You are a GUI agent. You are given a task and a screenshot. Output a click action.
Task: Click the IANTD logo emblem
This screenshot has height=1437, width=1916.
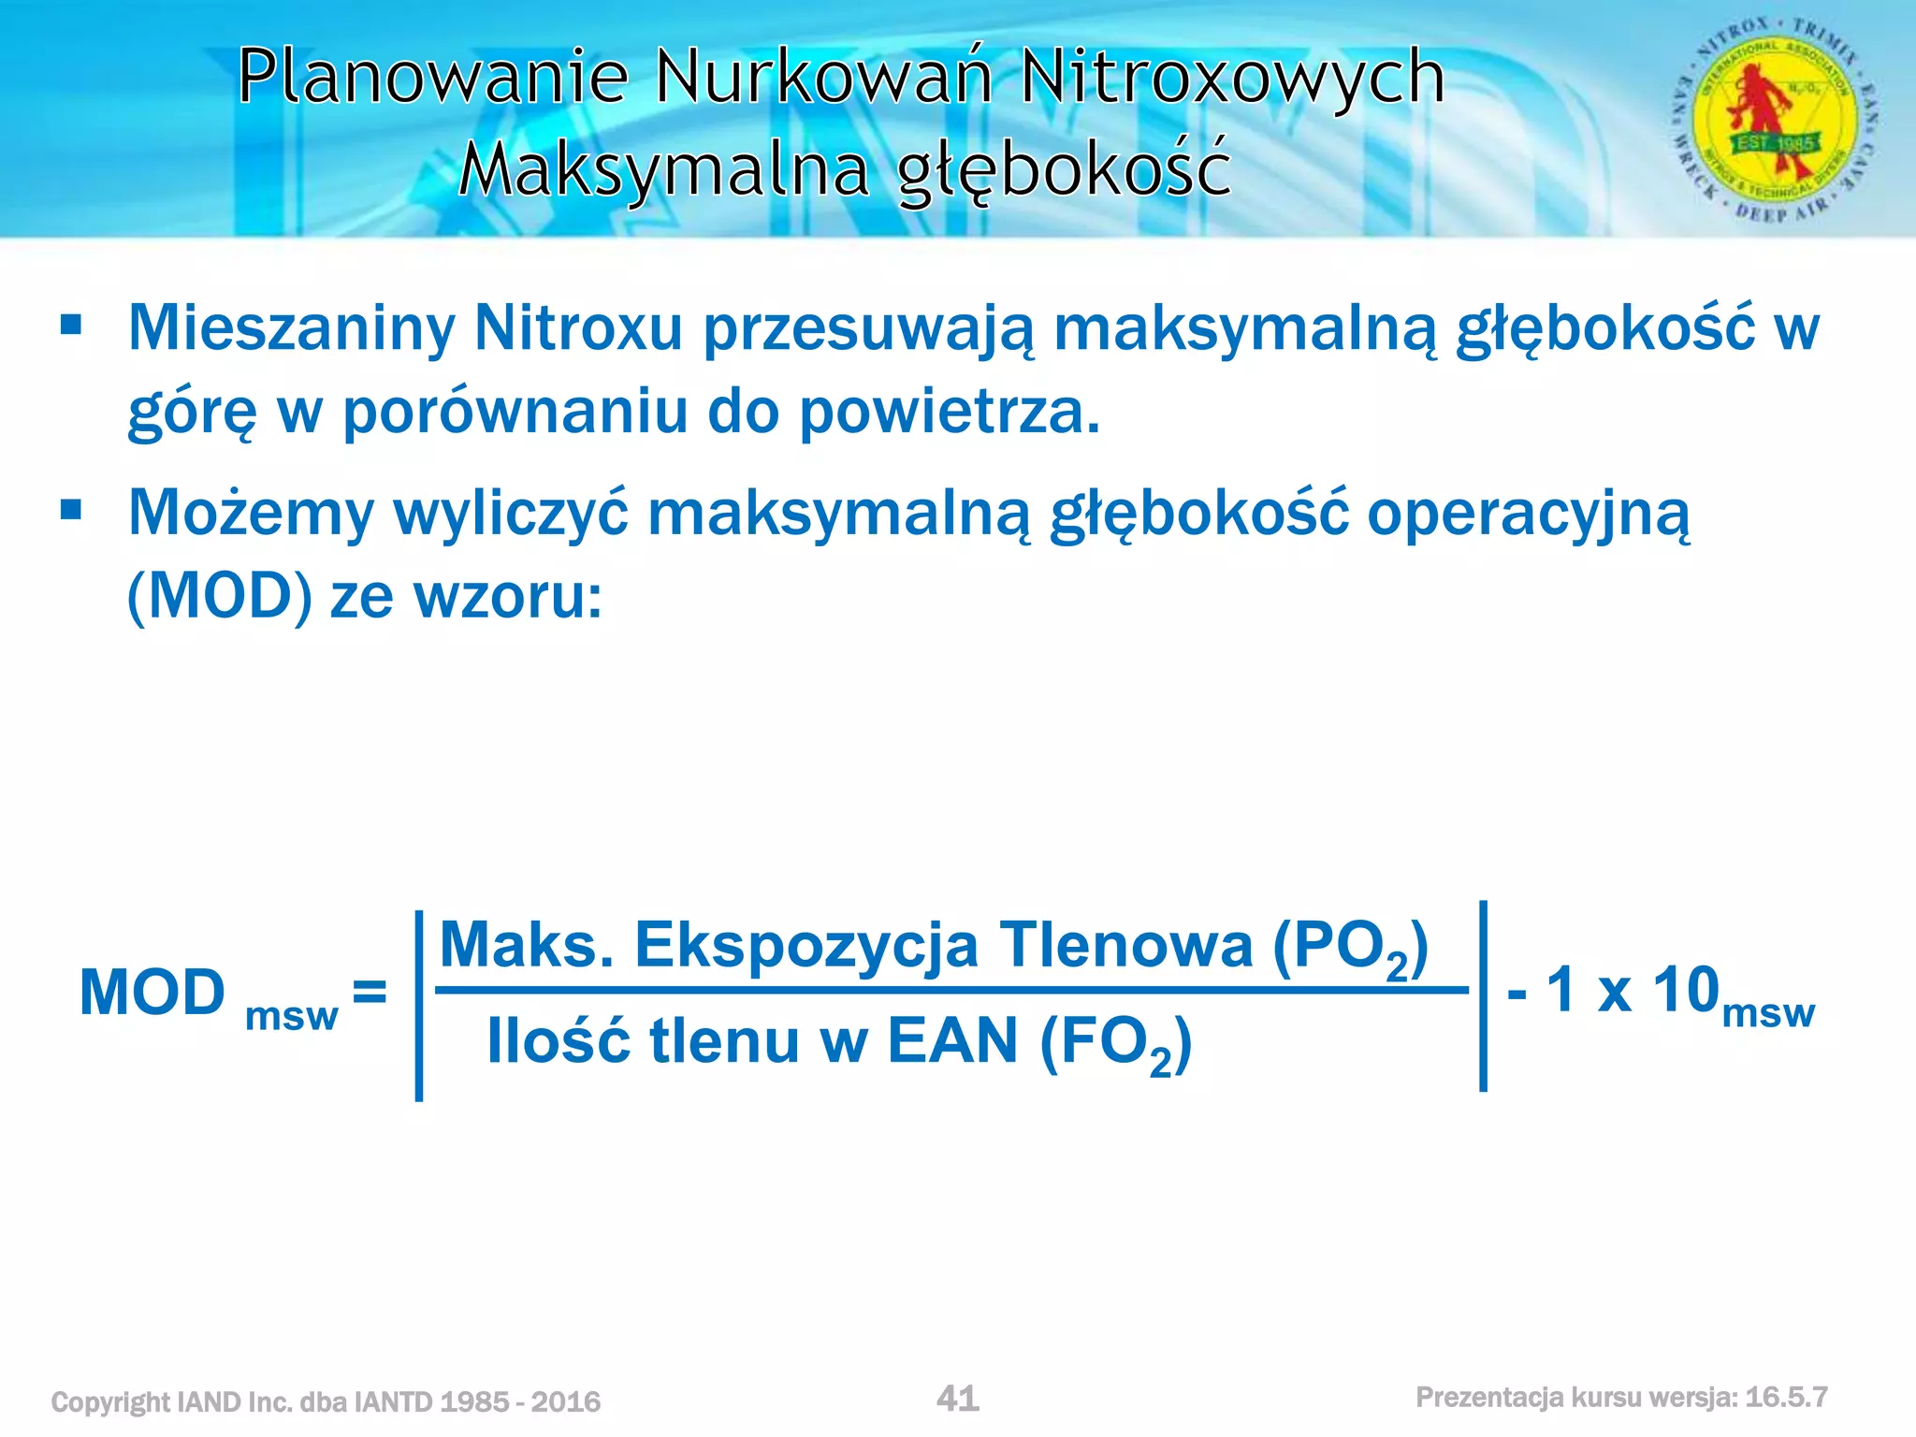pos(1774,119)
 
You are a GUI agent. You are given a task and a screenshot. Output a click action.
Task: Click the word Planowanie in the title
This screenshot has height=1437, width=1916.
pos(432,77)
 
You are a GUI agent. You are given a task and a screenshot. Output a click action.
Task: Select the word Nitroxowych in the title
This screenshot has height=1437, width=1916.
pos(1232,77)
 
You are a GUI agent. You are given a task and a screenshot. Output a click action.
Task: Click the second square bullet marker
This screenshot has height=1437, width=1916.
pos(71,511)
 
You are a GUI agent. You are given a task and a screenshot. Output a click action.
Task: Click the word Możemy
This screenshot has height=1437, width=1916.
pos(251,514)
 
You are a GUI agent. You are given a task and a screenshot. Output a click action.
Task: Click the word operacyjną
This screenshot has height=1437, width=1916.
pos(1528,514)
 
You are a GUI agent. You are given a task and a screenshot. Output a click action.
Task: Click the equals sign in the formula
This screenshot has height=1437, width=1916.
pos(370,991)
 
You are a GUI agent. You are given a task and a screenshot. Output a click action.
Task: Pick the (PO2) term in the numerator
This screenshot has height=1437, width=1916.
pos(1350,947)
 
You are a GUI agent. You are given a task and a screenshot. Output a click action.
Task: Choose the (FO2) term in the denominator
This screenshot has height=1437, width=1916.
pos(1116,1043)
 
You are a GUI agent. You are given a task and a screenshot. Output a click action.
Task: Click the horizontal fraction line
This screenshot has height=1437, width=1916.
pos(951,990)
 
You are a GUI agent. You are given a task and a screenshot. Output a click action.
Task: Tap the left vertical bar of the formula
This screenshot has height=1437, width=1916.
pos(419,1006)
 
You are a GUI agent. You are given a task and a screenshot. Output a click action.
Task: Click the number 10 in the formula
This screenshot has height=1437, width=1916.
pos(1686,990)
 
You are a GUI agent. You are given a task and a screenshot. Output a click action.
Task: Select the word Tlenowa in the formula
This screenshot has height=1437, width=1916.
pos(1125,945)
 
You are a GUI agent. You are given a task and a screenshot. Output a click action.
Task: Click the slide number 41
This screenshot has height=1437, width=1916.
pos(957,1399)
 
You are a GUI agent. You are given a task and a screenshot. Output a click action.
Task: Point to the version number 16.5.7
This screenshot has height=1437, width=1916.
pos(1786,1398)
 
